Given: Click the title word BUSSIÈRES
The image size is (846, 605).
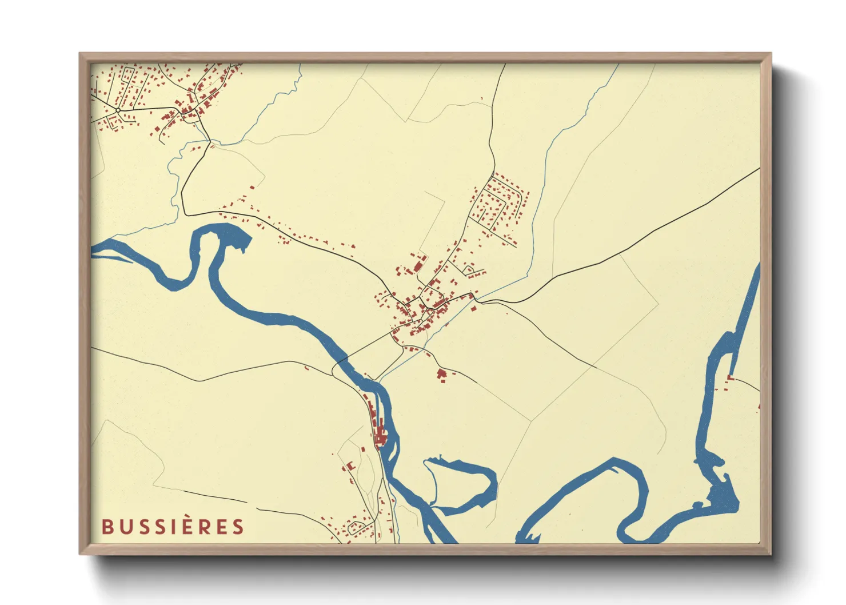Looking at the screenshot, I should (173, 527).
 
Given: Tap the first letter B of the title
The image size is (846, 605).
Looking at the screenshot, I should (107, 527).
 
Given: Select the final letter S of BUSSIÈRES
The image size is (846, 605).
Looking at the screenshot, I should (238, 527).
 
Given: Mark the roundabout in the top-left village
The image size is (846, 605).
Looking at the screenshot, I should (118, 110).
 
